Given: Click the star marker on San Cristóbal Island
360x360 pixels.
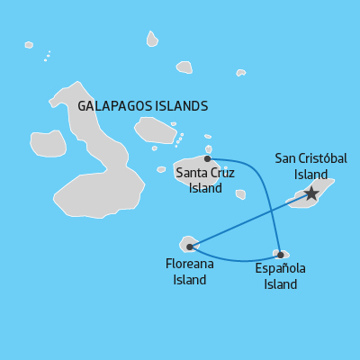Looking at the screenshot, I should (311, 193).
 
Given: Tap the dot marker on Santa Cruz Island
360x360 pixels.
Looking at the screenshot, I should (207, 158).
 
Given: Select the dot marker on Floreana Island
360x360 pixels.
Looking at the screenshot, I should (189, 247).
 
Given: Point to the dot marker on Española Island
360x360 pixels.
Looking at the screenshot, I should (281, 255).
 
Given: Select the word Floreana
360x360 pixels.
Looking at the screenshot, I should (190, 265).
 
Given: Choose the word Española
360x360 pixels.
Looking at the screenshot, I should (280, 269).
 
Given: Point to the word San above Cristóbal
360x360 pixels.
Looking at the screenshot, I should (284, 158).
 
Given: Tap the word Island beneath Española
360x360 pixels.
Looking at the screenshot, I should (280, 285).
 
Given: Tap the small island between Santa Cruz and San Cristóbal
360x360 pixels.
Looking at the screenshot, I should (240, 193).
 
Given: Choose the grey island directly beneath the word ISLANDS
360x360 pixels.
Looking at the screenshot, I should (155, 130).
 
